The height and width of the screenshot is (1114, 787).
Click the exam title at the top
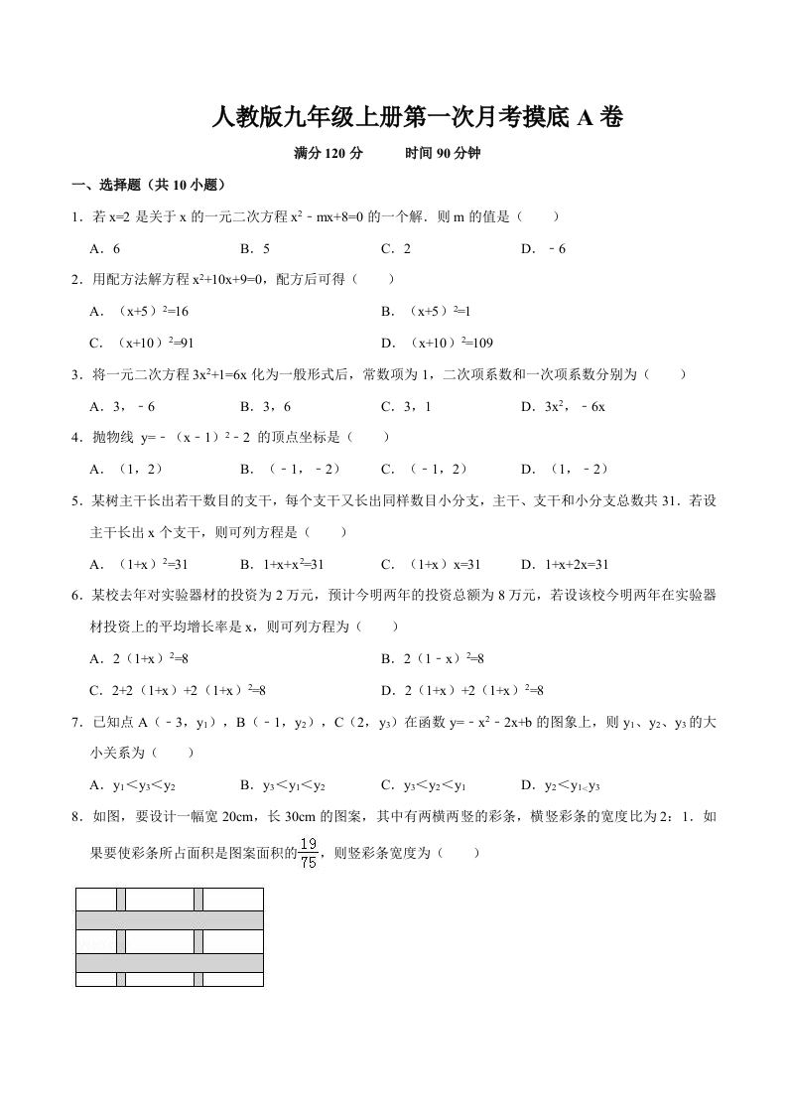[418, 118]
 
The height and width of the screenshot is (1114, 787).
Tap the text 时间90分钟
[443, 154]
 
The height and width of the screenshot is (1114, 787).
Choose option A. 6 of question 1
[104, 248]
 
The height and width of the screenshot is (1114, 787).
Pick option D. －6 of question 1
[543, 248]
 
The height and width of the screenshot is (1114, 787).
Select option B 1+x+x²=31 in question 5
[282, 564]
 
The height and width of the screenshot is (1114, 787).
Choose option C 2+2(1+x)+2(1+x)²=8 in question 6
[178, 690]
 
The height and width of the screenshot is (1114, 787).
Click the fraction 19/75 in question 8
[309, 854]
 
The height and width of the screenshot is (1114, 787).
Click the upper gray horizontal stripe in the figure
[169, 919]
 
